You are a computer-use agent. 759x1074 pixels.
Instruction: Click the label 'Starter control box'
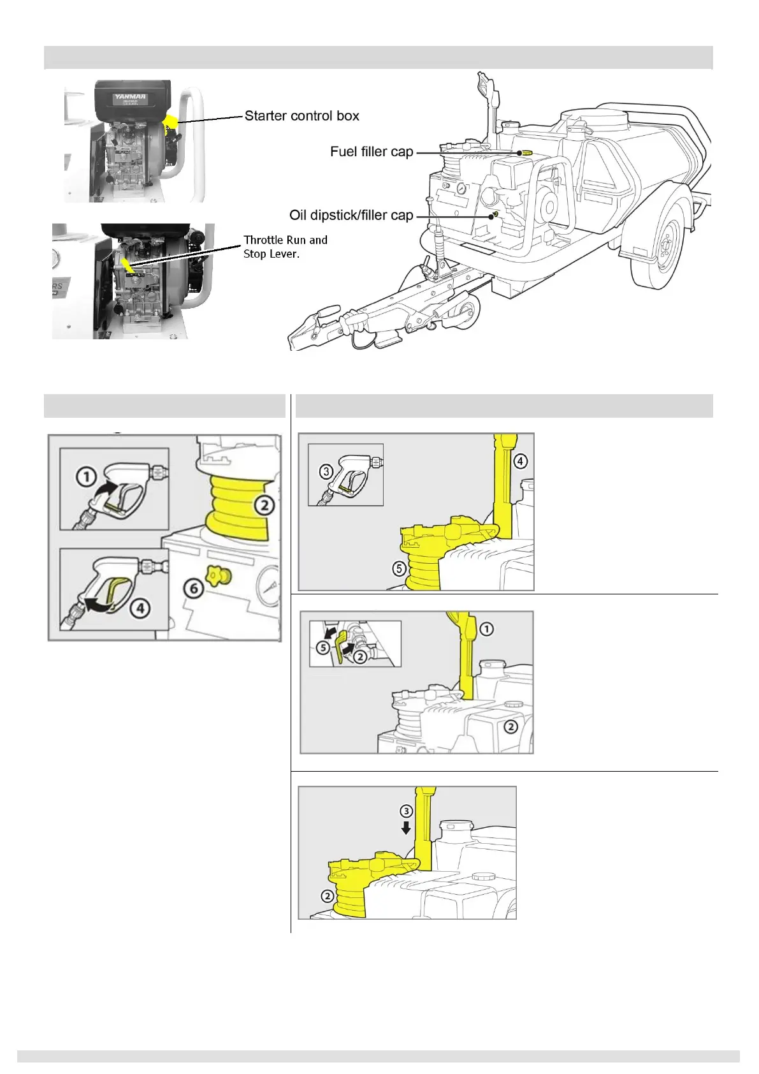pyautogui.click(x=301, y=116)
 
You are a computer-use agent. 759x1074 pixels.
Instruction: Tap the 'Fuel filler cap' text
pyautogui.click(x=372, y=152)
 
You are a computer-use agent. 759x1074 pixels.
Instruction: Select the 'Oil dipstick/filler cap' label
pyautogui.click(x=351, y=216)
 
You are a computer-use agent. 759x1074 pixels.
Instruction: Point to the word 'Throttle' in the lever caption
pyautogui.click(x=263, y=240)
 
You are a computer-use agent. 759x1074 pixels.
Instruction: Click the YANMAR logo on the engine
pyautogui.click(x=130, y=98)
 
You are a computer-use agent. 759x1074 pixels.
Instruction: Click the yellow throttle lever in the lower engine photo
pyautogui.click(x=127, y=264)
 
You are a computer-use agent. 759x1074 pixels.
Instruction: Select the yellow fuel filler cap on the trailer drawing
pyautogui.click(x=526, y=153)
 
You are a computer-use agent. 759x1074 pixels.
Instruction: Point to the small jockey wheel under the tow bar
pyautogui.click(x=465, y=314)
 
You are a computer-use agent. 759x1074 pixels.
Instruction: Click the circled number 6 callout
pyautogui.click(x=194, y=587)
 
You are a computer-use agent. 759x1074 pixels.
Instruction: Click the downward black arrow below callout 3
pyautogui.click(x=406, y=828)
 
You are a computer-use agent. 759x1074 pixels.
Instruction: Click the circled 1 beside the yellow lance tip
pyautogui.click(x=486, y=629)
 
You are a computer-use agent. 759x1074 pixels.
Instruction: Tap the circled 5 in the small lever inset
pyautogui.click(x=323, y=647)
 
